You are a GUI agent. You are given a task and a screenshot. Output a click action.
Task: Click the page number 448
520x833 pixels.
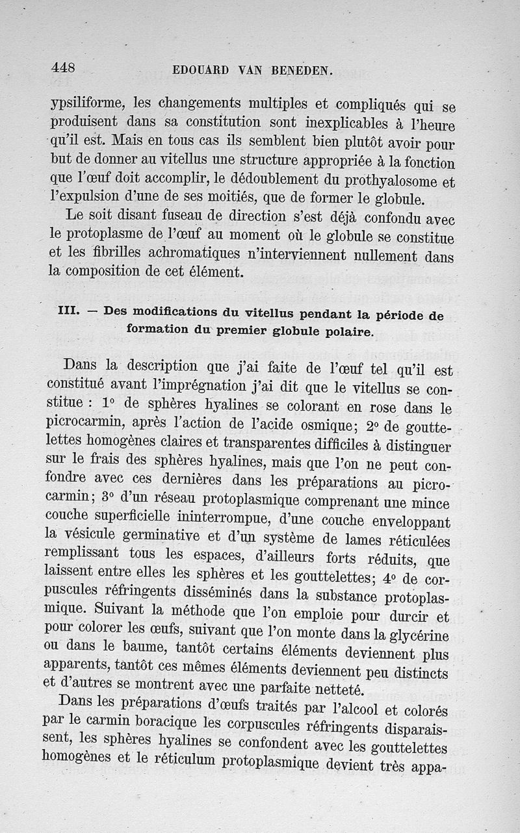pyautogui.click(x=63, y=67)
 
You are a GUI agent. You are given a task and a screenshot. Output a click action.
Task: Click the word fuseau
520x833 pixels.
pyautogui.click(x=199, y=216)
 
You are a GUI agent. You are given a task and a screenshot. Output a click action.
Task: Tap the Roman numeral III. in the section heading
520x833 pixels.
pyautogui.click(x=68, y=311)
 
